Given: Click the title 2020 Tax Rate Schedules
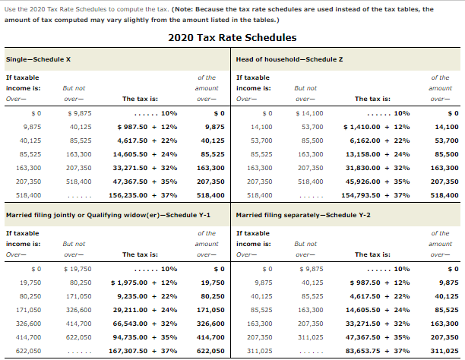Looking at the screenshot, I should click(x=232, y=37).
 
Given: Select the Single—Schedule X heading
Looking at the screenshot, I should click(x=39, y=59).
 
